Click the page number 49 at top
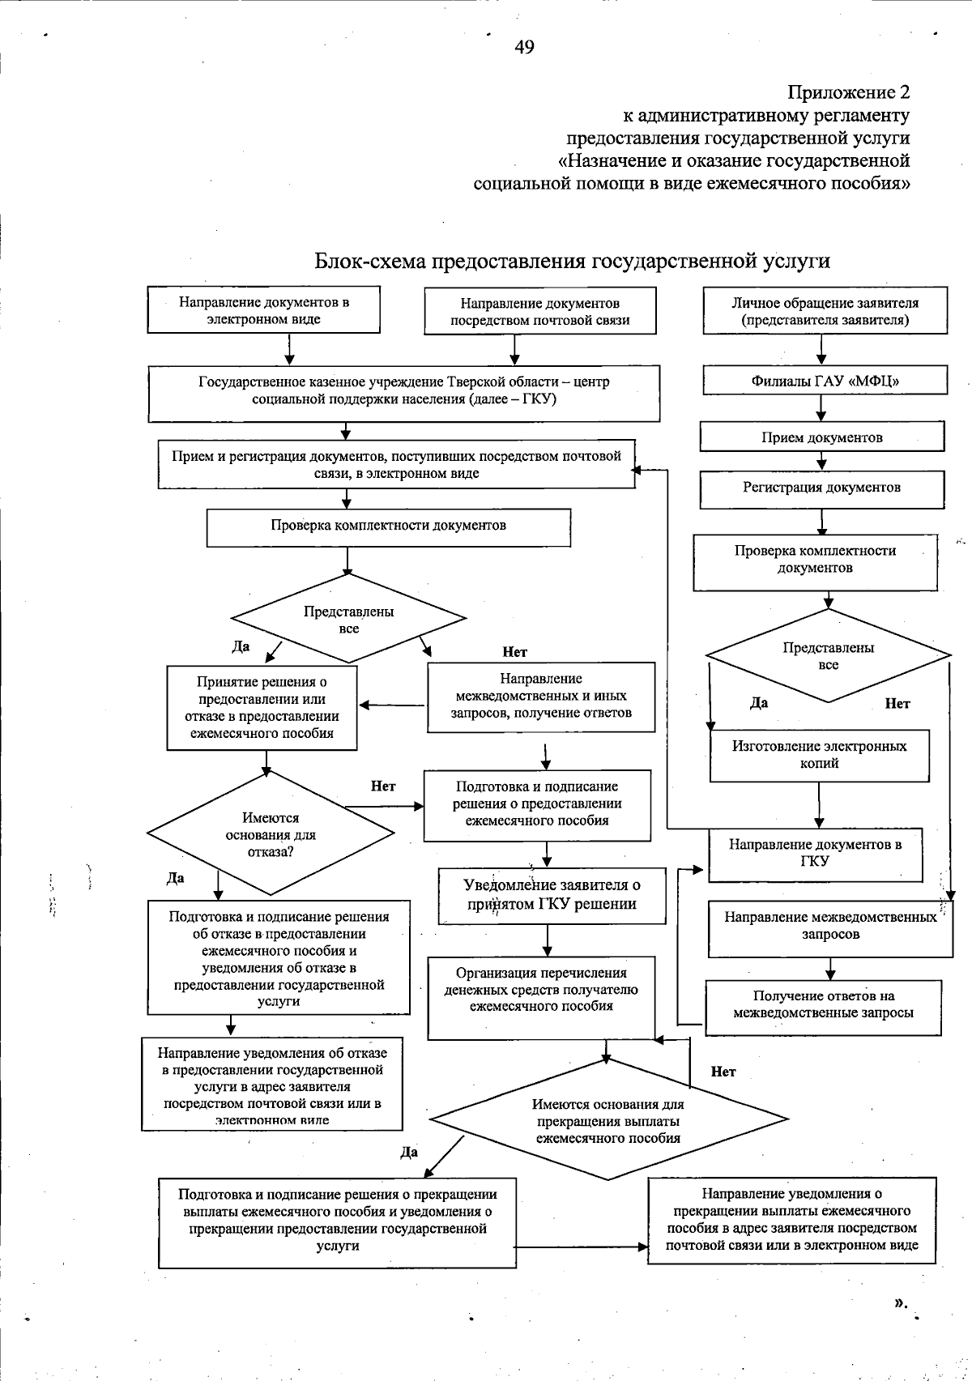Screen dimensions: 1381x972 [524, 48]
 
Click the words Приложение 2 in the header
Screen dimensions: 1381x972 [848, 91]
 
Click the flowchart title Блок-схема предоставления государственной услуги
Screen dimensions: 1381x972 [572, 262]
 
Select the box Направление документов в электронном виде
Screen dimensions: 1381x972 [263, 310]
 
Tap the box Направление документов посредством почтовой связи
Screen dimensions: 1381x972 [539, 311]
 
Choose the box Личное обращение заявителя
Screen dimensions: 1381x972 [825, 311]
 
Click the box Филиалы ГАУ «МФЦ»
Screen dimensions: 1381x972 [824, 381]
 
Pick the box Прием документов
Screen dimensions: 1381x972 [821, 438]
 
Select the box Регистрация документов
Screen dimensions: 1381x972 [821, 488]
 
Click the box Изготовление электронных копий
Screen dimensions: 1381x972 [819, 755]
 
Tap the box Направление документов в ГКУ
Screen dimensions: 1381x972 [815, 854]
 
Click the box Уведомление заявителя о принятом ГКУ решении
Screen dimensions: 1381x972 [552, 896]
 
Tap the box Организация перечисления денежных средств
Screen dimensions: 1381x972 [540, 996]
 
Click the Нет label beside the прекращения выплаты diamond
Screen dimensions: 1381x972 [723, 1072]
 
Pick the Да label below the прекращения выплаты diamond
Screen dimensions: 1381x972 [408, 1152]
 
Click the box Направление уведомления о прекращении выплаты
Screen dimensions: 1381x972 [791, 1220]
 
